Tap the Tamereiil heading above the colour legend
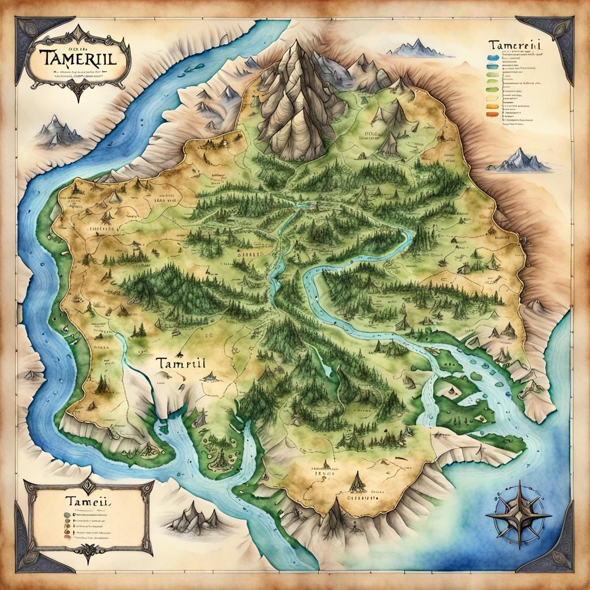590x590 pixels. pyautogui.click(x=513, y=46)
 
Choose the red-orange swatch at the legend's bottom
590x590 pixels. pyautogui.click(x=491, y=115)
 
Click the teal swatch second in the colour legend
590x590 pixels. pyautogui.click(x=491, y=66)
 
